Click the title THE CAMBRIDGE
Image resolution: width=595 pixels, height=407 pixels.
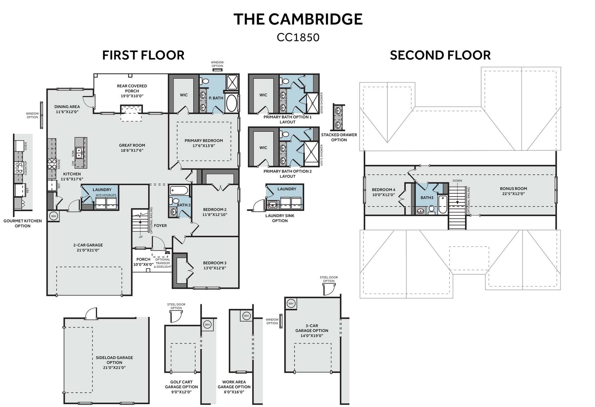click(x=298, y=19)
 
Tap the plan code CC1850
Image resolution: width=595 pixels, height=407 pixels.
click(x=298, y=37)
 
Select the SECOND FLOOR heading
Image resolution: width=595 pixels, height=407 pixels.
click(x=440, y=55)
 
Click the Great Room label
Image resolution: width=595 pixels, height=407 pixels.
click(x=132, y=145)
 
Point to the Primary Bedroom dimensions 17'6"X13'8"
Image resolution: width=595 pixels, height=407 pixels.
click(x=204, y=146)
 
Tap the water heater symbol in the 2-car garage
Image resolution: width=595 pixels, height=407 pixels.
click(x=54, y=216)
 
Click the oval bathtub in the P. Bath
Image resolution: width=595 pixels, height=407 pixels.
click(x=231, y=103)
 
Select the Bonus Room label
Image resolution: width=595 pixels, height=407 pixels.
click(x=513, y=189)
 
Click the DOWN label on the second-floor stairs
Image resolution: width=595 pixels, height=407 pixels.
click(x=457, y=181)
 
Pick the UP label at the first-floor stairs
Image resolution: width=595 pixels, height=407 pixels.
click(x=140, y=237)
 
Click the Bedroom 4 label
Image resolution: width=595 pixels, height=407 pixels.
click(x=384, y=190)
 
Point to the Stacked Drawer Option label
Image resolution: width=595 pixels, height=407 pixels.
click(x=339, y=137)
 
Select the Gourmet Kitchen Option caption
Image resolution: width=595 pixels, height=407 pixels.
click(x=22, y=223)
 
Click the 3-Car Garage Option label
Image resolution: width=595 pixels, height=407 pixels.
click(x=312, y=328)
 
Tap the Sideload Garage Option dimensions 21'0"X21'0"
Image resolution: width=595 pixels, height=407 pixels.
click(x=114, y=368)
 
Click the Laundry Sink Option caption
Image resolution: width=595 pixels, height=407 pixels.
click(x=280, y=218)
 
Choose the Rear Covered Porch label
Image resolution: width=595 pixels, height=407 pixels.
click(x=132, y=88)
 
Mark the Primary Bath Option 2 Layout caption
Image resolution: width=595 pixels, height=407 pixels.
click(x=287, y=174)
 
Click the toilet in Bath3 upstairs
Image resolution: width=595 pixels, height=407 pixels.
click(x=432, y=210)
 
